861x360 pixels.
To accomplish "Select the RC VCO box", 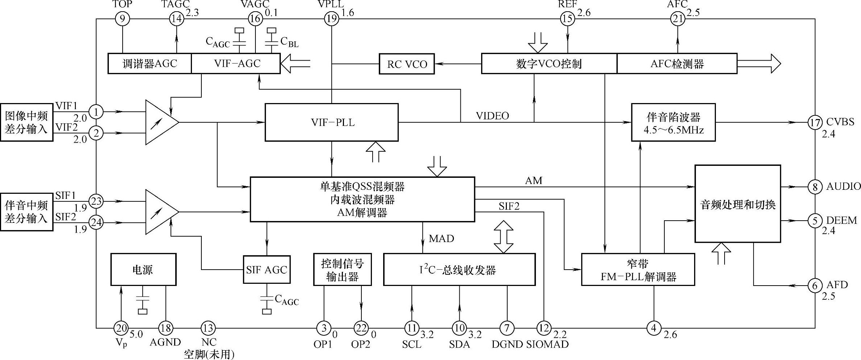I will (x=407, y=64).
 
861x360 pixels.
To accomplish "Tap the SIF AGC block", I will (x=267, y=270).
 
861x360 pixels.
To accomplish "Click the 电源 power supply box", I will (x=143, y=269).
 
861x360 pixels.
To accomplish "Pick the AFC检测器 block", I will (x=677, y=64).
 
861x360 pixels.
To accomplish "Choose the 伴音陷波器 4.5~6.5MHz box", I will (x=673, y=123).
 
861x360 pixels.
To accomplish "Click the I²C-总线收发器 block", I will (x=459, y=270).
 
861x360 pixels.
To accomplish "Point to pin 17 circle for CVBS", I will (x=815, y=122).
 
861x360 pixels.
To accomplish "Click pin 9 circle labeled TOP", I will (x=122, y=19).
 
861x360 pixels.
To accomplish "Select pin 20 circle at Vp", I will (x=121, y=328).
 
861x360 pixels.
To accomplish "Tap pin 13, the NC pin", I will (x=208, y=328).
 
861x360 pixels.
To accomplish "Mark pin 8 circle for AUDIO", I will (x=815, y=187).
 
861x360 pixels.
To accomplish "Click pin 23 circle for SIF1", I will (x=96, y=201).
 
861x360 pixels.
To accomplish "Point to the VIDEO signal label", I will (x=492, y=116).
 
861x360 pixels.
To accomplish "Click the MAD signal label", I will (x=441, y=238).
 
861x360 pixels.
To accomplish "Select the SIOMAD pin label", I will (x=548, y=344).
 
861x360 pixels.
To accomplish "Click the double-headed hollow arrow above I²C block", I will (x=504, y=237).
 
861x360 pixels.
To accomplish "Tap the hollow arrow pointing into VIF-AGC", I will (x=296, y=64).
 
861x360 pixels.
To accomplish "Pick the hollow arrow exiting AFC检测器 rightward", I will (x=759, y=64).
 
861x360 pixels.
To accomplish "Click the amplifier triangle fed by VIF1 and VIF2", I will (x=160, y=122).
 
